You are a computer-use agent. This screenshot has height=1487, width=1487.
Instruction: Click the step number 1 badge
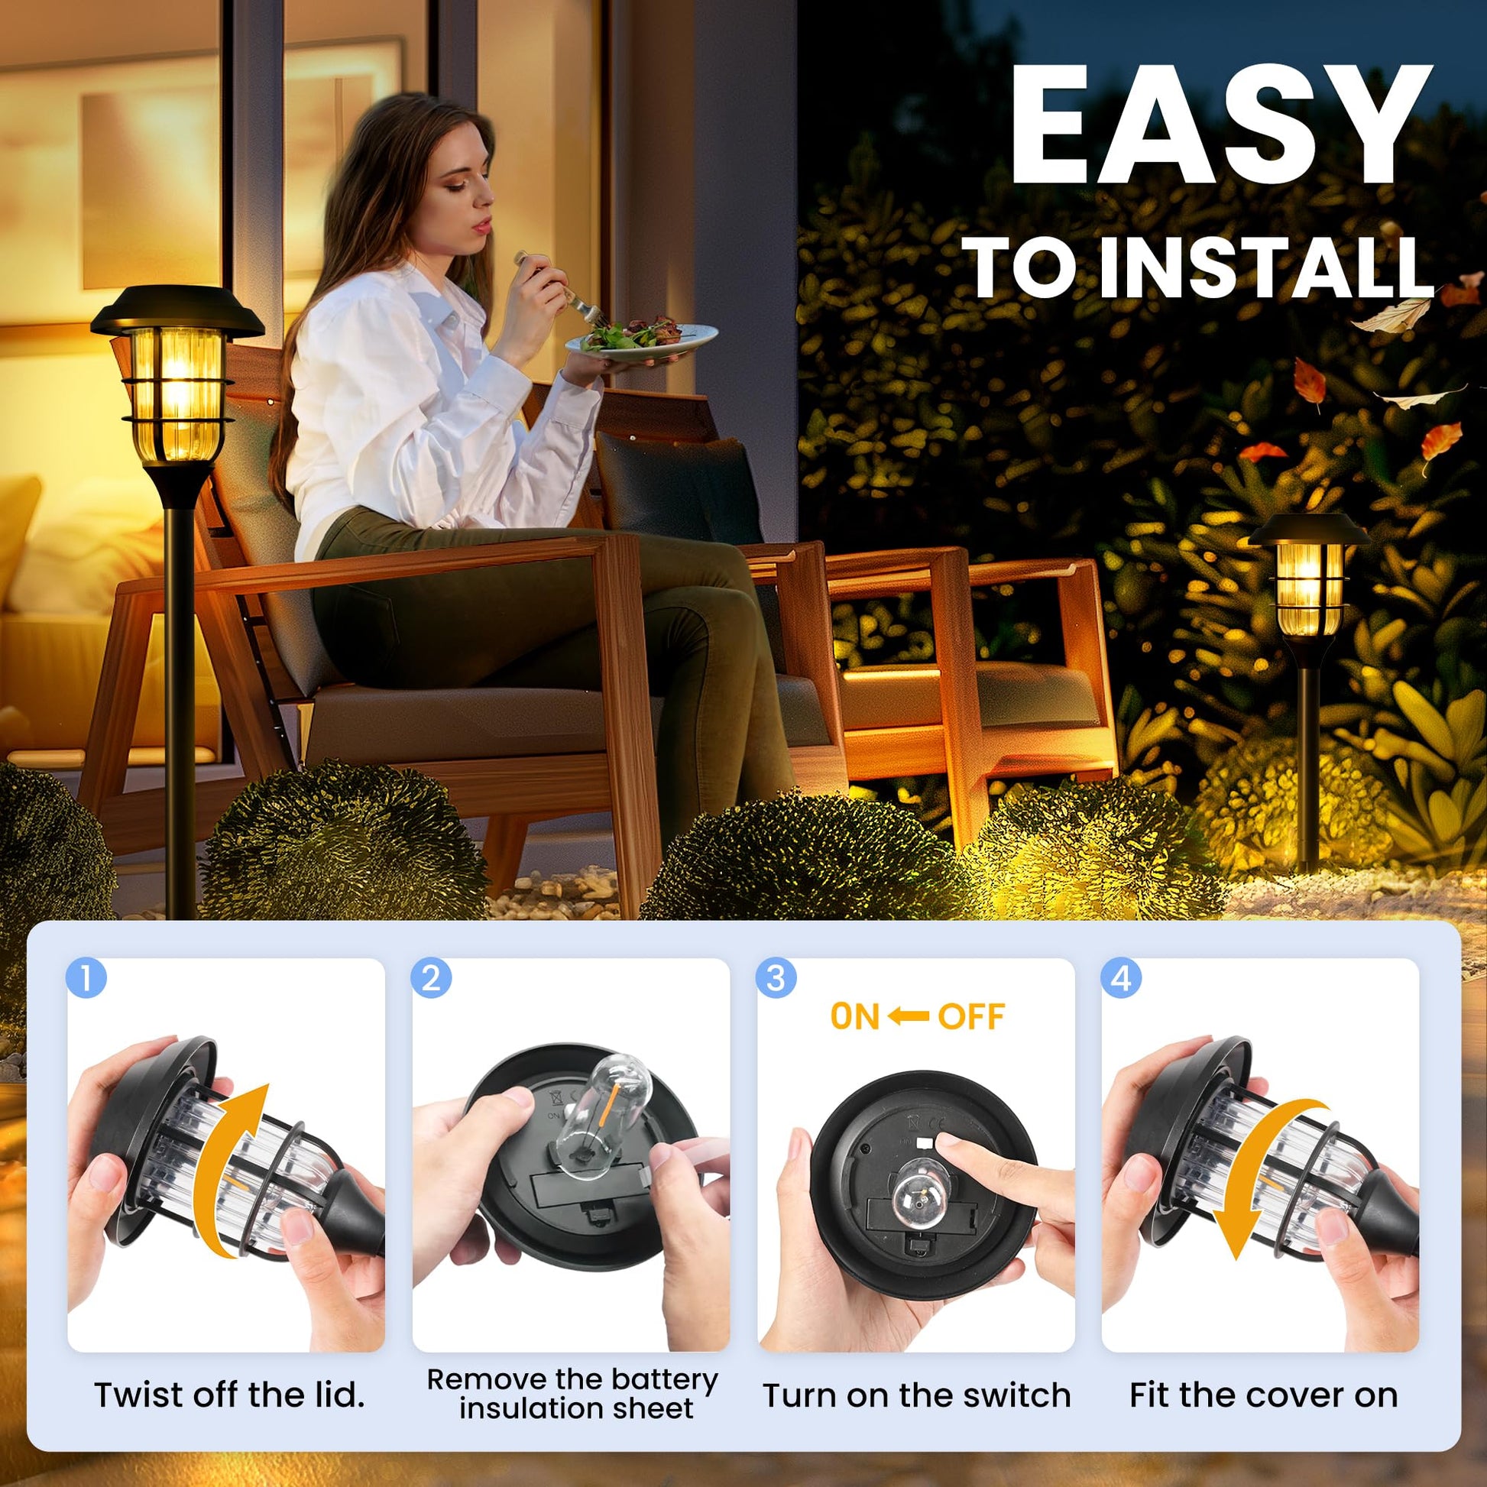click(x=86, y=978)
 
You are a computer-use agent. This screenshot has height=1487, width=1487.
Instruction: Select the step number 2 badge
click(x=431, y=978)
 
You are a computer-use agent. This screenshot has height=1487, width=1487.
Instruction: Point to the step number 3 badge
click(x=776, y=978)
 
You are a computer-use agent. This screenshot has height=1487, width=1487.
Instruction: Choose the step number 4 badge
click(x=1121, y=978)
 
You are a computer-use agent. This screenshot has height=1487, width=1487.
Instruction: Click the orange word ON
click(x=855, y=1017)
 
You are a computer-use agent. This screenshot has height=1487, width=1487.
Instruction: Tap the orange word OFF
click(x=971, y=1017)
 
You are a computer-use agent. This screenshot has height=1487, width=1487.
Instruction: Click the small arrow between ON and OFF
click(x=909, y=1017)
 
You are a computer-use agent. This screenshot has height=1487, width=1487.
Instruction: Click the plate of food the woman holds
click(x=641, y=339)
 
